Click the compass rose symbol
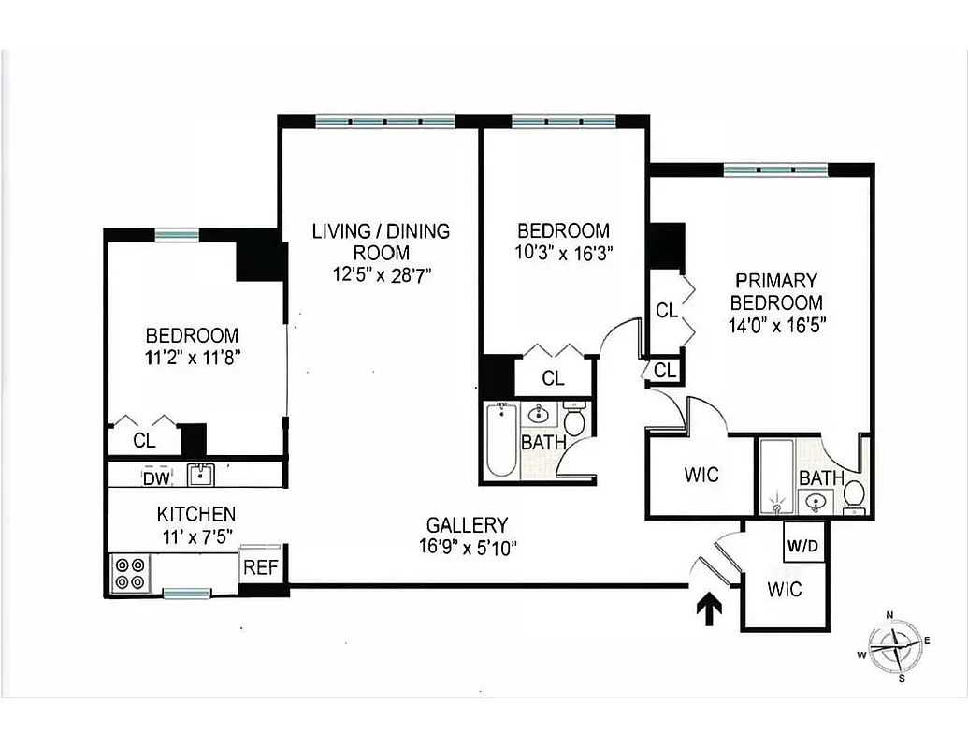point(895,645)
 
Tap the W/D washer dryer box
point(802,544)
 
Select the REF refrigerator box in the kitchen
point(258,565)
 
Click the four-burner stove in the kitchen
point(130,573)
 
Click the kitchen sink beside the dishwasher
point(201,476)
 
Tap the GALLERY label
point(467,525)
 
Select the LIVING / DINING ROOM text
point(381,241)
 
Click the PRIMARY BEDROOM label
point(776,291)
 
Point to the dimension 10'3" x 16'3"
point(563,252)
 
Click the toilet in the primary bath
point(853,493)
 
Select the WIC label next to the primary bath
point(701,475)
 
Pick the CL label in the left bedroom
point(144,439)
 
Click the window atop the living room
point(384,121)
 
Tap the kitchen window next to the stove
point(186,593)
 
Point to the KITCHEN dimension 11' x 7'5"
point(195,536)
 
